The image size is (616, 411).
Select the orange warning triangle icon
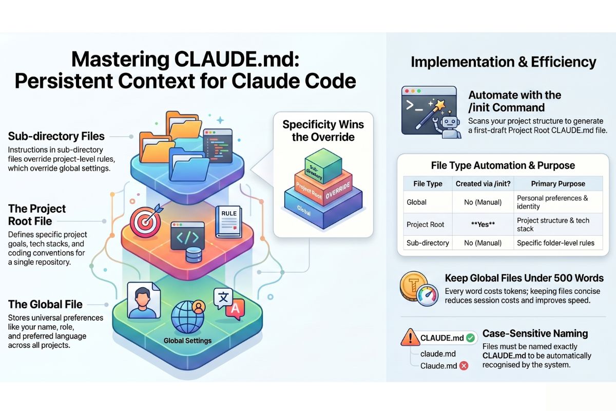click(411, 338)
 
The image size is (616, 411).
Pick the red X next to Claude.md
click(464, 366)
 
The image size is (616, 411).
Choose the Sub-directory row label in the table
click(428, 242)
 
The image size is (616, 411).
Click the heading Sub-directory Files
click(56, 136)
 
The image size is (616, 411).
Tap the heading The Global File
click(45, 304)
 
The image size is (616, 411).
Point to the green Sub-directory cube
click(323, 165)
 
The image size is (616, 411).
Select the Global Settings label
click(187, 340)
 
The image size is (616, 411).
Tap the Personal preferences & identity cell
click(552, 202)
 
